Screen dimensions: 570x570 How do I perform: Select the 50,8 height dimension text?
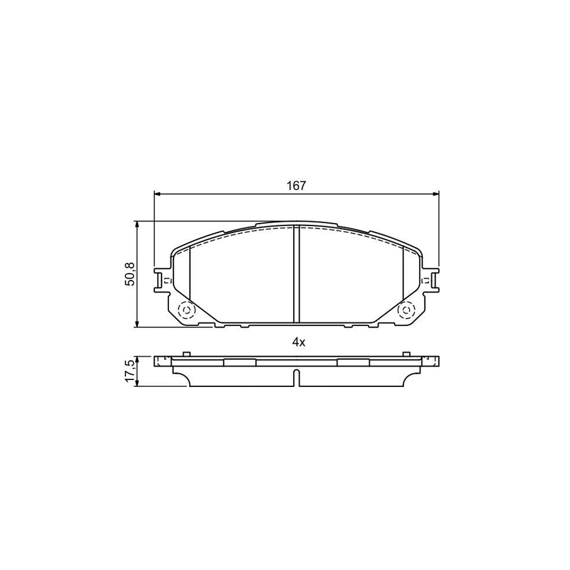(130, 274)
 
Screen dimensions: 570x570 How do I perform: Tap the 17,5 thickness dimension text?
(130, 370)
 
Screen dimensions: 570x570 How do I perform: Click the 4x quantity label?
(298, 343)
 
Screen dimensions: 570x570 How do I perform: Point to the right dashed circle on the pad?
(405, 310)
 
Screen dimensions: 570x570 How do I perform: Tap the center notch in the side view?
(296, 377)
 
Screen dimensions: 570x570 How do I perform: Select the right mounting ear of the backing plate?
(431, 279)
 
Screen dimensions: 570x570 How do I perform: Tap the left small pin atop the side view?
(186, 353)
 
